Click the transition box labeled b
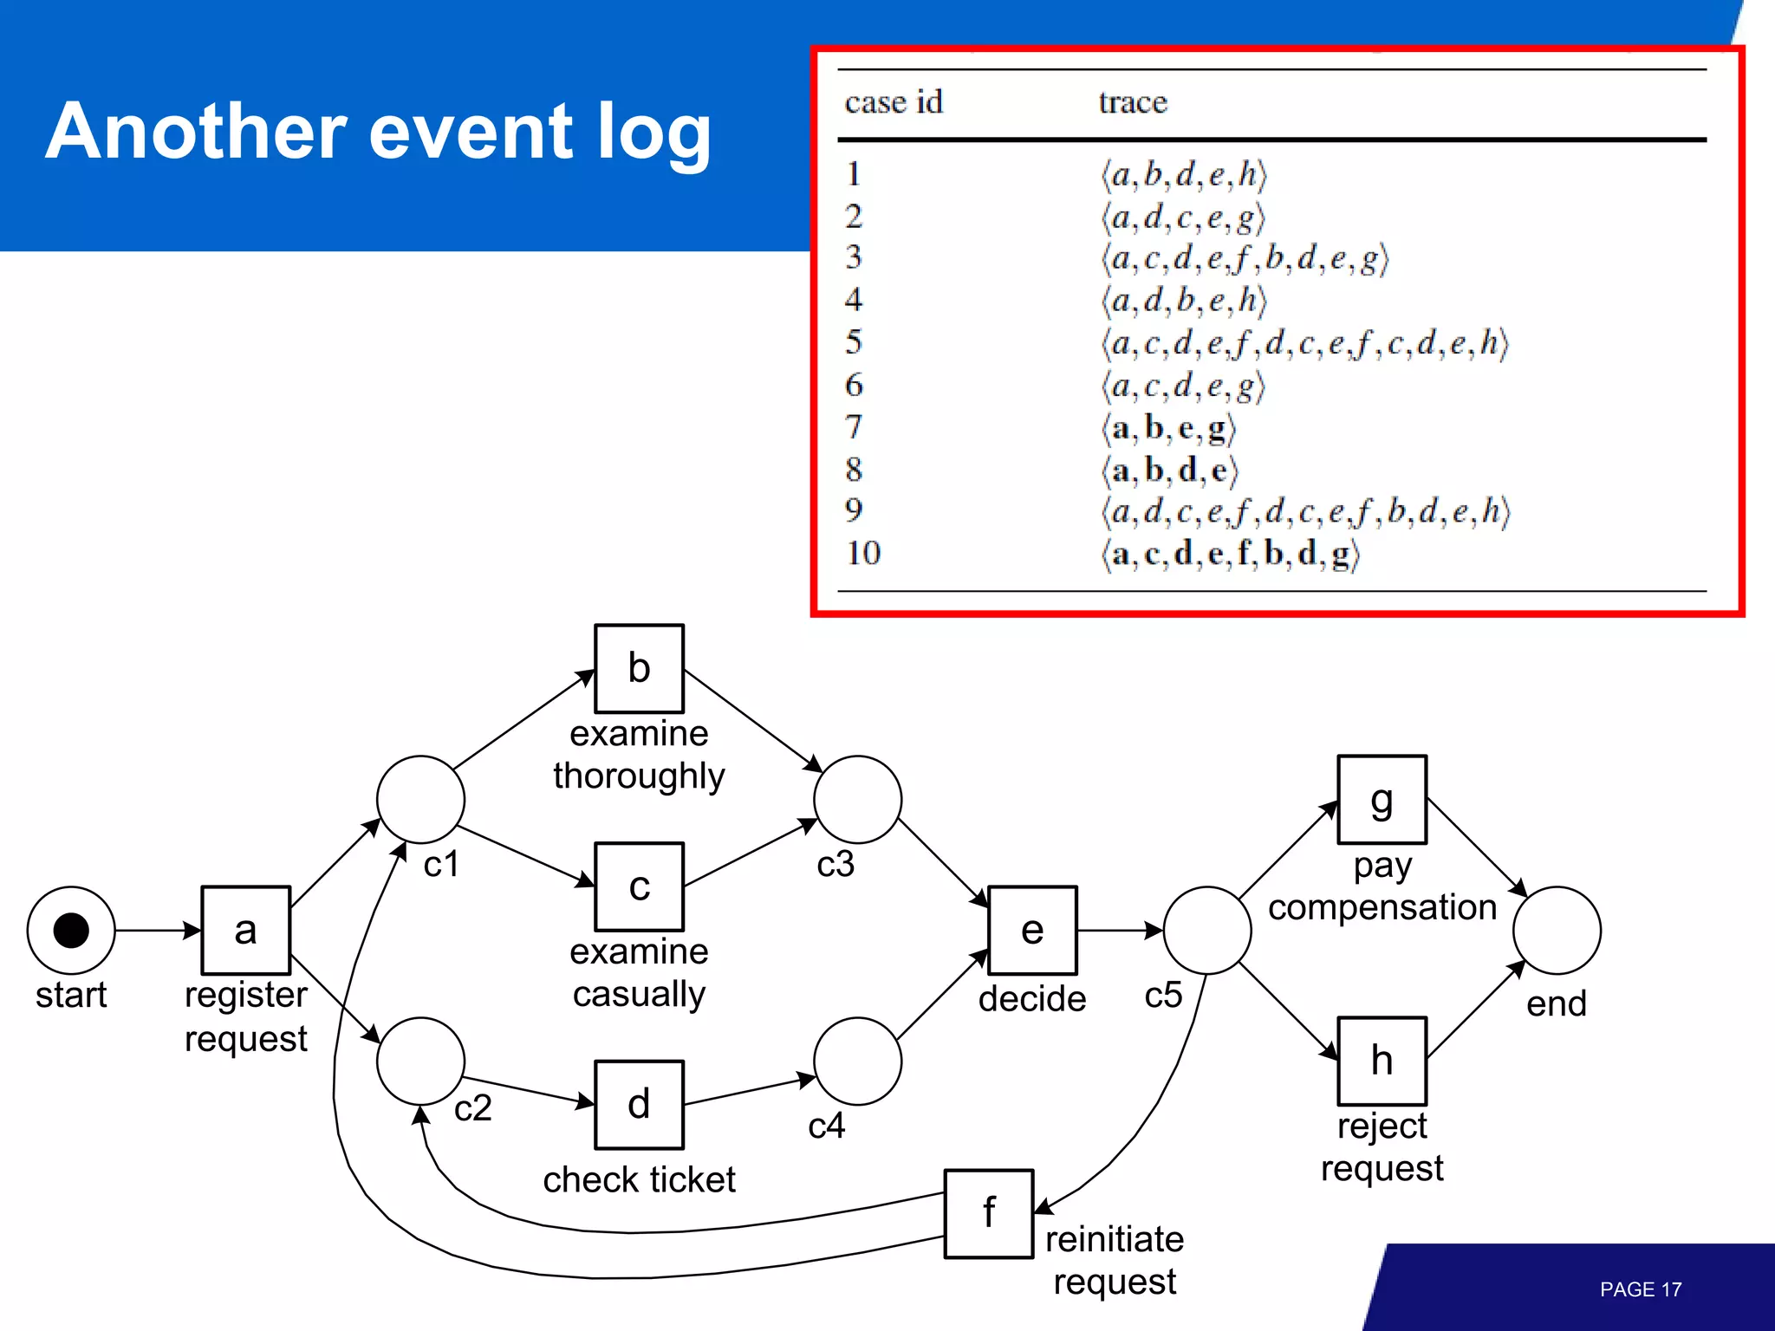coord(639,668)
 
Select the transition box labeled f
coord(988,1213)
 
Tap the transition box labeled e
coord(1032,930)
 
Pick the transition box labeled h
coord(1382,1061)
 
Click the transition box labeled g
coord(1382,799)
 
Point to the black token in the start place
coord(71,930)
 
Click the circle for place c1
coord(420,799)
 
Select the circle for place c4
coord(857,1061)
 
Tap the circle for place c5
coord(1207,930)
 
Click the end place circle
coord(1557,930)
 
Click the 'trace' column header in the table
coord(1133,102)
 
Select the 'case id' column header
coord(894,102)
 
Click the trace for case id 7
coord(1168,428)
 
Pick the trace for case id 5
coord(1304,343)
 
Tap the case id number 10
coord(863,553)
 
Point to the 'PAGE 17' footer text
coord(1640,1289)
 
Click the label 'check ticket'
coord(639,1179)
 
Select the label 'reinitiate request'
coord(1114,1260)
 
